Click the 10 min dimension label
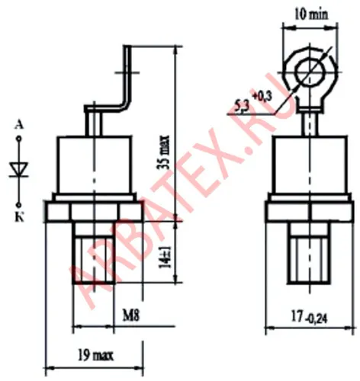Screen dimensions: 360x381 311,14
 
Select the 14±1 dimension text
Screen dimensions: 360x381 166,257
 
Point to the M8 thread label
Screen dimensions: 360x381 131,315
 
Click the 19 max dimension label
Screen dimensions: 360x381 95,355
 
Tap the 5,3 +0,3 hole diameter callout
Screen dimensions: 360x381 252,101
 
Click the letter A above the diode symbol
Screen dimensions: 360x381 19,125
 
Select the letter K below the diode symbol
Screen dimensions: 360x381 19,218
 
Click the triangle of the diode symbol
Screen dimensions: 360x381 19,168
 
